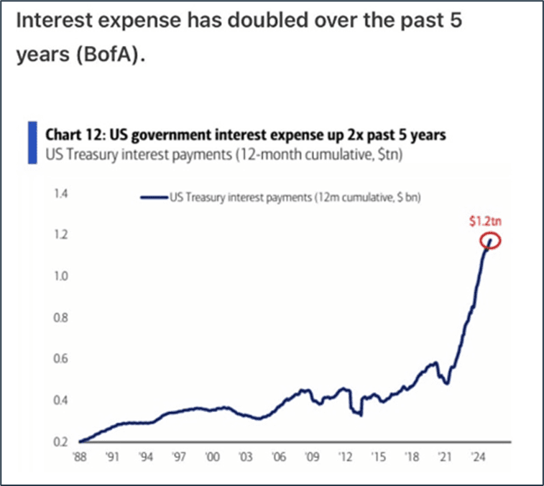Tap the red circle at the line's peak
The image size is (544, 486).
[490, 241]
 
